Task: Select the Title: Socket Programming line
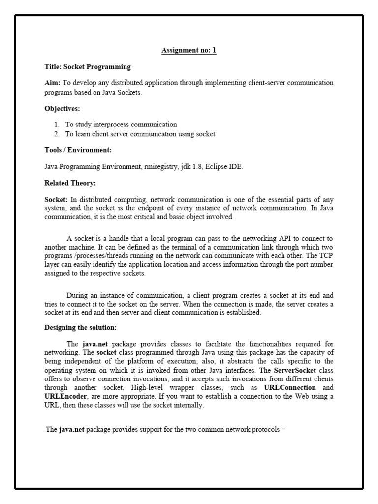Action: [x=88, y=67]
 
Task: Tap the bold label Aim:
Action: [x=53, y=83]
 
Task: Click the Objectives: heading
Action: [x=63, y=108]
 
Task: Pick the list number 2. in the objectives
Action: [x=57, y=134]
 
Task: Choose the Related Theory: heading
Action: [x=70, y=183]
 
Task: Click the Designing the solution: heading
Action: [x=81, y=327]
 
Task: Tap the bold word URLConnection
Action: [x=290, y=387]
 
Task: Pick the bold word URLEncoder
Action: [x=66, y=396]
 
